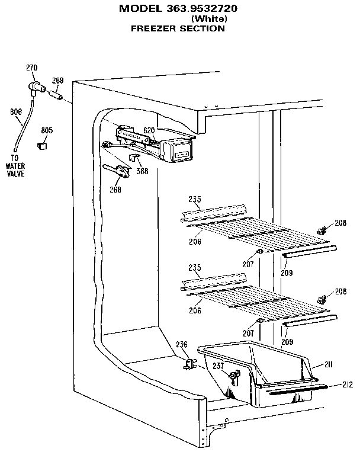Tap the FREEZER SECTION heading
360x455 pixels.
tap(177, 28)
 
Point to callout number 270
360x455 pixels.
tap(31, 68)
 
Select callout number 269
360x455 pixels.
tap(57, 81)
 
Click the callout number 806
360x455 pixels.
tap(16, 111)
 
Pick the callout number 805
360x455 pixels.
tap(47, 130)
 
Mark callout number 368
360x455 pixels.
tap(142, 171)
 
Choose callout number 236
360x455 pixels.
tap(181, 344)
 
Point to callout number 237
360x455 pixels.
tap(218, 366)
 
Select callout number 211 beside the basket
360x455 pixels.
tap(328, 364)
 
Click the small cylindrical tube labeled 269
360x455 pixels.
tap(55, 94)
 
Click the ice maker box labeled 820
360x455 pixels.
tap(176, 150)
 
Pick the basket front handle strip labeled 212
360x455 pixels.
tap(296, 390)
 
